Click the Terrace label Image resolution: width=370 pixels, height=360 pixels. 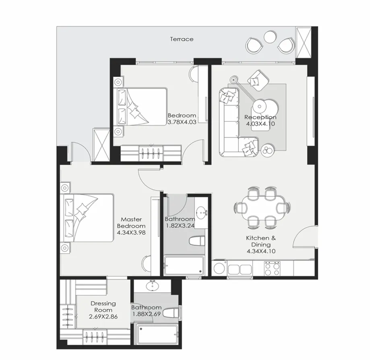(x=182, y=39)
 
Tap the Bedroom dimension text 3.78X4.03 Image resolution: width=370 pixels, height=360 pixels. (x=182, y=122)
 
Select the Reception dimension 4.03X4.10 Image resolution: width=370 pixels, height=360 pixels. (x=260, y=124)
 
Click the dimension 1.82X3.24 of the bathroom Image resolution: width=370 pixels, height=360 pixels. (x=180, y=226)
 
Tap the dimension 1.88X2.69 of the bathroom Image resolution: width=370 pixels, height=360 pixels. (x=147, y=314)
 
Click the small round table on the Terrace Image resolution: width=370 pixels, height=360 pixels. (x=269, y=37)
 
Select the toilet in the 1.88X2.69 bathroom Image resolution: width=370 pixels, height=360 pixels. (x=170, y=313)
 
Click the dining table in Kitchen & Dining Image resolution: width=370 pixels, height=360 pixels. (x=261, y=207)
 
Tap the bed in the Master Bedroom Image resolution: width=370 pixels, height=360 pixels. (x=87, y=218)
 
